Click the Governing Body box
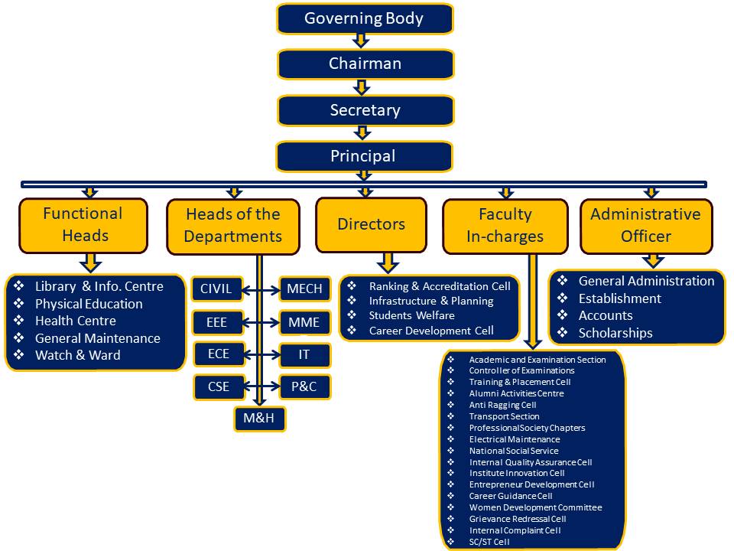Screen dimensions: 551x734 click(365, 18)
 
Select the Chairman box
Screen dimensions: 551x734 click(365, 64)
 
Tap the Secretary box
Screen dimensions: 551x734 click(365, 110)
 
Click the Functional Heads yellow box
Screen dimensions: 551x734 click(83, 225)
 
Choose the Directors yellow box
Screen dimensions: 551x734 click(371, 224)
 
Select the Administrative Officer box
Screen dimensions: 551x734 click(645, 226)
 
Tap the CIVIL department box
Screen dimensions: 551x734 click(216, 289)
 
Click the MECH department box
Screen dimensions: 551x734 click(304, 289)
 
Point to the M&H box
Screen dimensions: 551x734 click(259, 419)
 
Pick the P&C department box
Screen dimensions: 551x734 click(304, 386)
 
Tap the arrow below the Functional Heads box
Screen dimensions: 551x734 click(91, 262)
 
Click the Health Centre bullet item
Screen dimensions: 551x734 click(75, 321)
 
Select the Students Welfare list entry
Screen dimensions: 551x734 click(411, 315)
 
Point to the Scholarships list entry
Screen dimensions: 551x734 click(615, 333)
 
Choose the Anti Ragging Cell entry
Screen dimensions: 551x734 click(502, 405)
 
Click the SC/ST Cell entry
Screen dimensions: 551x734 click(489, 542)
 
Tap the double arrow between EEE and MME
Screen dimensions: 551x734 click(260, 322)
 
